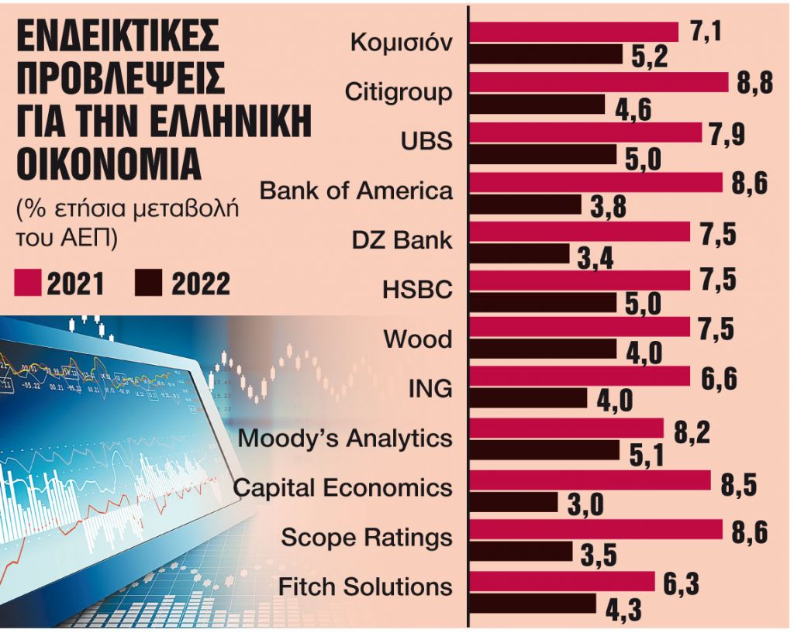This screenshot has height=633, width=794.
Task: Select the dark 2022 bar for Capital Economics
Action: point(514,502)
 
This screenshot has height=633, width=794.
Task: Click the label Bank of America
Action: point(356,191)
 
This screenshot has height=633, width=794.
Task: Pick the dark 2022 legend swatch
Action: point(147,284)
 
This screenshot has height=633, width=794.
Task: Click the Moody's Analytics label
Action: point(345,439)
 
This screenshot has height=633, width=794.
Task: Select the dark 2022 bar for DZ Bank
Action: point(520,253)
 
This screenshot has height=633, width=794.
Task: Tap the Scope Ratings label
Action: point(367,537)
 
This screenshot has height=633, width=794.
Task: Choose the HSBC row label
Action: point(417,290)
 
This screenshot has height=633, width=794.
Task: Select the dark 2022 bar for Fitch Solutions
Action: point(533,603)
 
